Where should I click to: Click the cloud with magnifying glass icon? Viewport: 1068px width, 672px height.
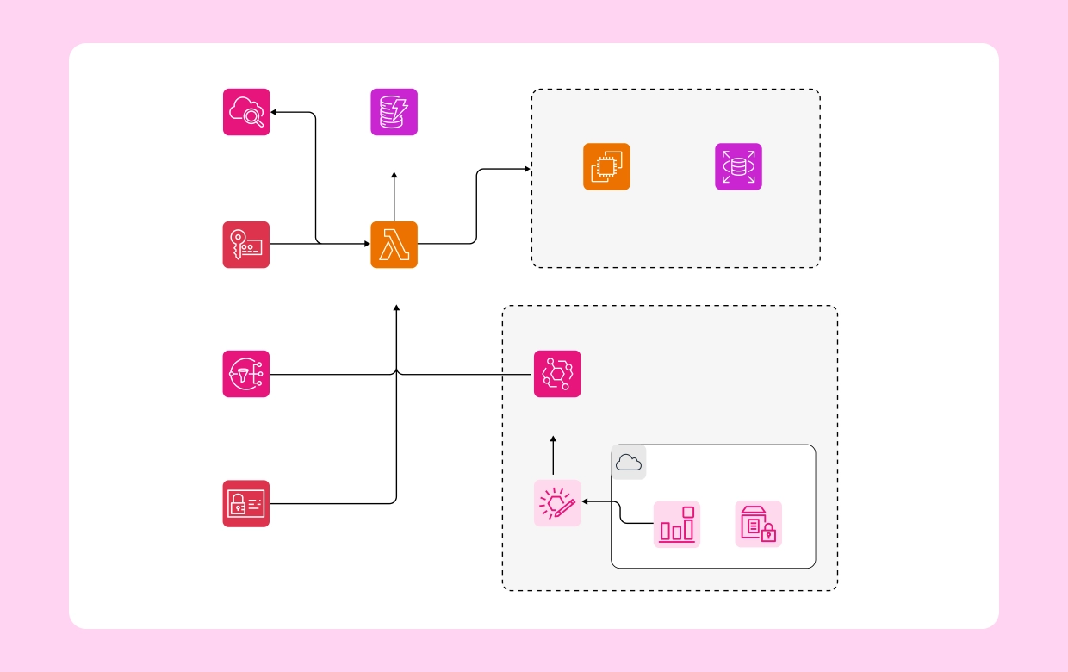pos(246,112)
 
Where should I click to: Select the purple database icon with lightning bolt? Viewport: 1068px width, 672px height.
pos(394,112)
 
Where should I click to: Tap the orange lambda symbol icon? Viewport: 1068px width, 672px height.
pos(394,245)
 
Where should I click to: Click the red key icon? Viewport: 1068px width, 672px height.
pos(246,245)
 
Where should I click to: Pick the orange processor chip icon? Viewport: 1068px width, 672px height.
pos(606,166)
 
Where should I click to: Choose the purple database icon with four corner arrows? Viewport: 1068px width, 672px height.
pos(738,166)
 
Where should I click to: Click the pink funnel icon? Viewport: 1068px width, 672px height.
pos(246,374)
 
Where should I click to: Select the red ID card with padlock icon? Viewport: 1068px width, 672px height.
pos(246,503)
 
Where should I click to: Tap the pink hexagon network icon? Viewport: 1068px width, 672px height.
pos(557,374)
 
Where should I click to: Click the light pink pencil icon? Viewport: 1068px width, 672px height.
pos(557,503)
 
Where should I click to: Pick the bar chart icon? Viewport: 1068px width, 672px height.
pos(676,524)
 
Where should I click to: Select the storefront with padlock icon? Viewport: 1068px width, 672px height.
pos(758,524)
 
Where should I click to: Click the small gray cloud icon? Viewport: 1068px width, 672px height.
pos(629,463)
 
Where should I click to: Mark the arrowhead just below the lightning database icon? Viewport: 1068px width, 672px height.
pos(394,175)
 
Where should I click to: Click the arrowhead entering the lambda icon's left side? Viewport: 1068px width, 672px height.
pos(366,244)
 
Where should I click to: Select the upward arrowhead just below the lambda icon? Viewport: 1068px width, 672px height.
pos(396,308)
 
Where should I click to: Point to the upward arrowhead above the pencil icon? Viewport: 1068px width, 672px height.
pos(553,439)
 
